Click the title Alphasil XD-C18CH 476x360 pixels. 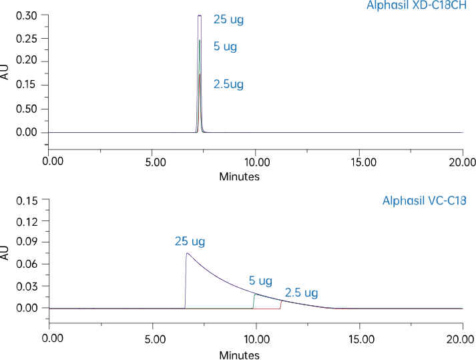tap(416, 5)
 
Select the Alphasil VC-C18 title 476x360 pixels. tap(424, 200)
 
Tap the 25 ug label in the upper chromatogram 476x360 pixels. tap(228, 19)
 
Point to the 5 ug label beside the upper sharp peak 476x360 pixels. tap(225, 47)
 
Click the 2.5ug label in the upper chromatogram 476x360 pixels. tap(228, 84)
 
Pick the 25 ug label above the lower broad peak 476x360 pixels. tap(190, 241)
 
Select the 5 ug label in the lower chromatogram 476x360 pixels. tap(260, 281)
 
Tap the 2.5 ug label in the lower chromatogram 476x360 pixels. tap(301, 293)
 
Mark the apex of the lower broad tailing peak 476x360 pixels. tap(187, 253)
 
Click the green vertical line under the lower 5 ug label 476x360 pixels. tap(254, 301)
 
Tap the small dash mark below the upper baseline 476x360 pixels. tap(45, 144)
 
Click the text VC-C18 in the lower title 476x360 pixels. tap(447, 200)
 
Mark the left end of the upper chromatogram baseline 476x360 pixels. tap(49, 132)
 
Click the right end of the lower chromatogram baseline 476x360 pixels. tap(462, 309)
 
